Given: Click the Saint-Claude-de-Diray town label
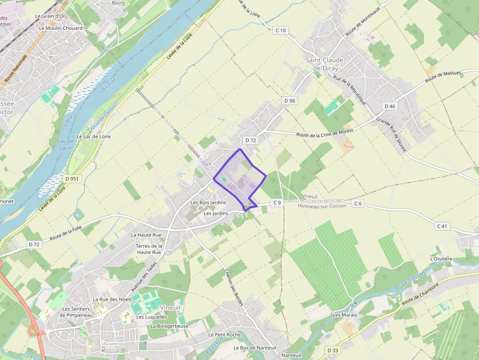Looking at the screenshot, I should [326, 64].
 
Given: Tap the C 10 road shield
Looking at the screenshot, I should [280, 30].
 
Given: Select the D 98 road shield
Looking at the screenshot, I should [289, 101].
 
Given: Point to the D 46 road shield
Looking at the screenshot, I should [390, 106].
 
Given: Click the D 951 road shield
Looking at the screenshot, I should [71, 179].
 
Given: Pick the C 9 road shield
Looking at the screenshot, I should [277, 203].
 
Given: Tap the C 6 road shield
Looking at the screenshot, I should [358, 203].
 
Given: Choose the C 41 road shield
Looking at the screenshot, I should [442, 226].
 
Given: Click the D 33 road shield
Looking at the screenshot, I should [332, 350].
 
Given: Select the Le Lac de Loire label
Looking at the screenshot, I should [94, 136].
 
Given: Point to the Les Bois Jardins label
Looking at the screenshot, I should [208, 202].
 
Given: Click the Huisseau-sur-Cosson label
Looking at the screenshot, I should [322, 206].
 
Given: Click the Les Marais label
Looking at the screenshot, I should [345, 315].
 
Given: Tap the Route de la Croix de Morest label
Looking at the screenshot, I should [325, 133].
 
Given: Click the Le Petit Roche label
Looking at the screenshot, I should [224, 335].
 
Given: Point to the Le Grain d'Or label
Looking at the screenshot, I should [50, 16].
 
